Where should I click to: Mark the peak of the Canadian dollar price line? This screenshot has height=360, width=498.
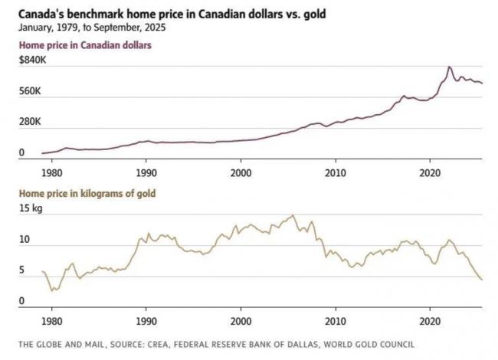449,67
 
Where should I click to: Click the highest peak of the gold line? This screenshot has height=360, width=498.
292,215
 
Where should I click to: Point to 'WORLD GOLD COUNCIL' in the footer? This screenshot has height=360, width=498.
371,345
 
